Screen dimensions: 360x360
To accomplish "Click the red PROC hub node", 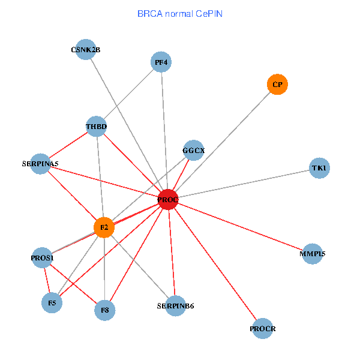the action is (x=168, y=200).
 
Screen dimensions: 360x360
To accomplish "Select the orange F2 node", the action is (x=104, y=227).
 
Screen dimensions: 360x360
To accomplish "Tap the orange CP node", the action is (x=277, y=84).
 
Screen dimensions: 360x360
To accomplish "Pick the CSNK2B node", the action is (x=86, y=49).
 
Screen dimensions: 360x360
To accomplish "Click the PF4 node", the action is (x=161, y=62).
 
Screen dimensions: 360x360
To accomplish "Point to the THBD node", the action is (x=96, y=127).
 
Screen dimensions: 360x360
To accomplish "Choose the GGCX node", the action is (x=194, y=150).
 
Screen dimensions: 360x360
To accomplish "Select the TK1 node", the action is (x=319, y=168).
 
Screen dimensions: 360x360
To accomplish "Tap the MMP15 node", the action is (x=312, y=254).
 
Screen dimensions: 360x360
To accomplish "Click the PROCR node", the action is (x=262, y=329).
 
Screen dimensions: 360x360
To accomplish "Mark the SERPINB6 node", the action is (x=176, y=306).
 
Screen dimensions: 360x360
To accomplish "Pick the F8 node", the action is (x=104, y=310).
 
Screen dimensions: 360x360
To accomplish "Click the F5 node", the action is (x=52, y=303).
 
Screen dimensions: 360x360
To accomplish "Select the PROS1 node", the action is (x=42, y=257).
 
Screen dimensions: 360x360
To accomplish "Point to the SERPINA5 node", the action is (x=40, y=164).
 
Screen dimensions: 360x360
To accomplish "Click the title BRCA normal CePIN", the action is (x=180, y=14).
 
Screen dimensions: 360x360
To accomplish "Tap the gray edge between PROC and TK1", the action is (x=244, y=184).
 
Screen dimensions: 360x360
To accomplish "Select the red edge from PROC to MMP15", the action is (x=240, y=227).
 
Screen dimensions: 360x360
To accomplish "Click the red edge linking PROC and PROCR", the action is (x=215, y=264).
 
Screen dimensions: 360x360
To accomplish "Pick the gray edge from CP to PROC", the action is (x=223, y=142).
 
